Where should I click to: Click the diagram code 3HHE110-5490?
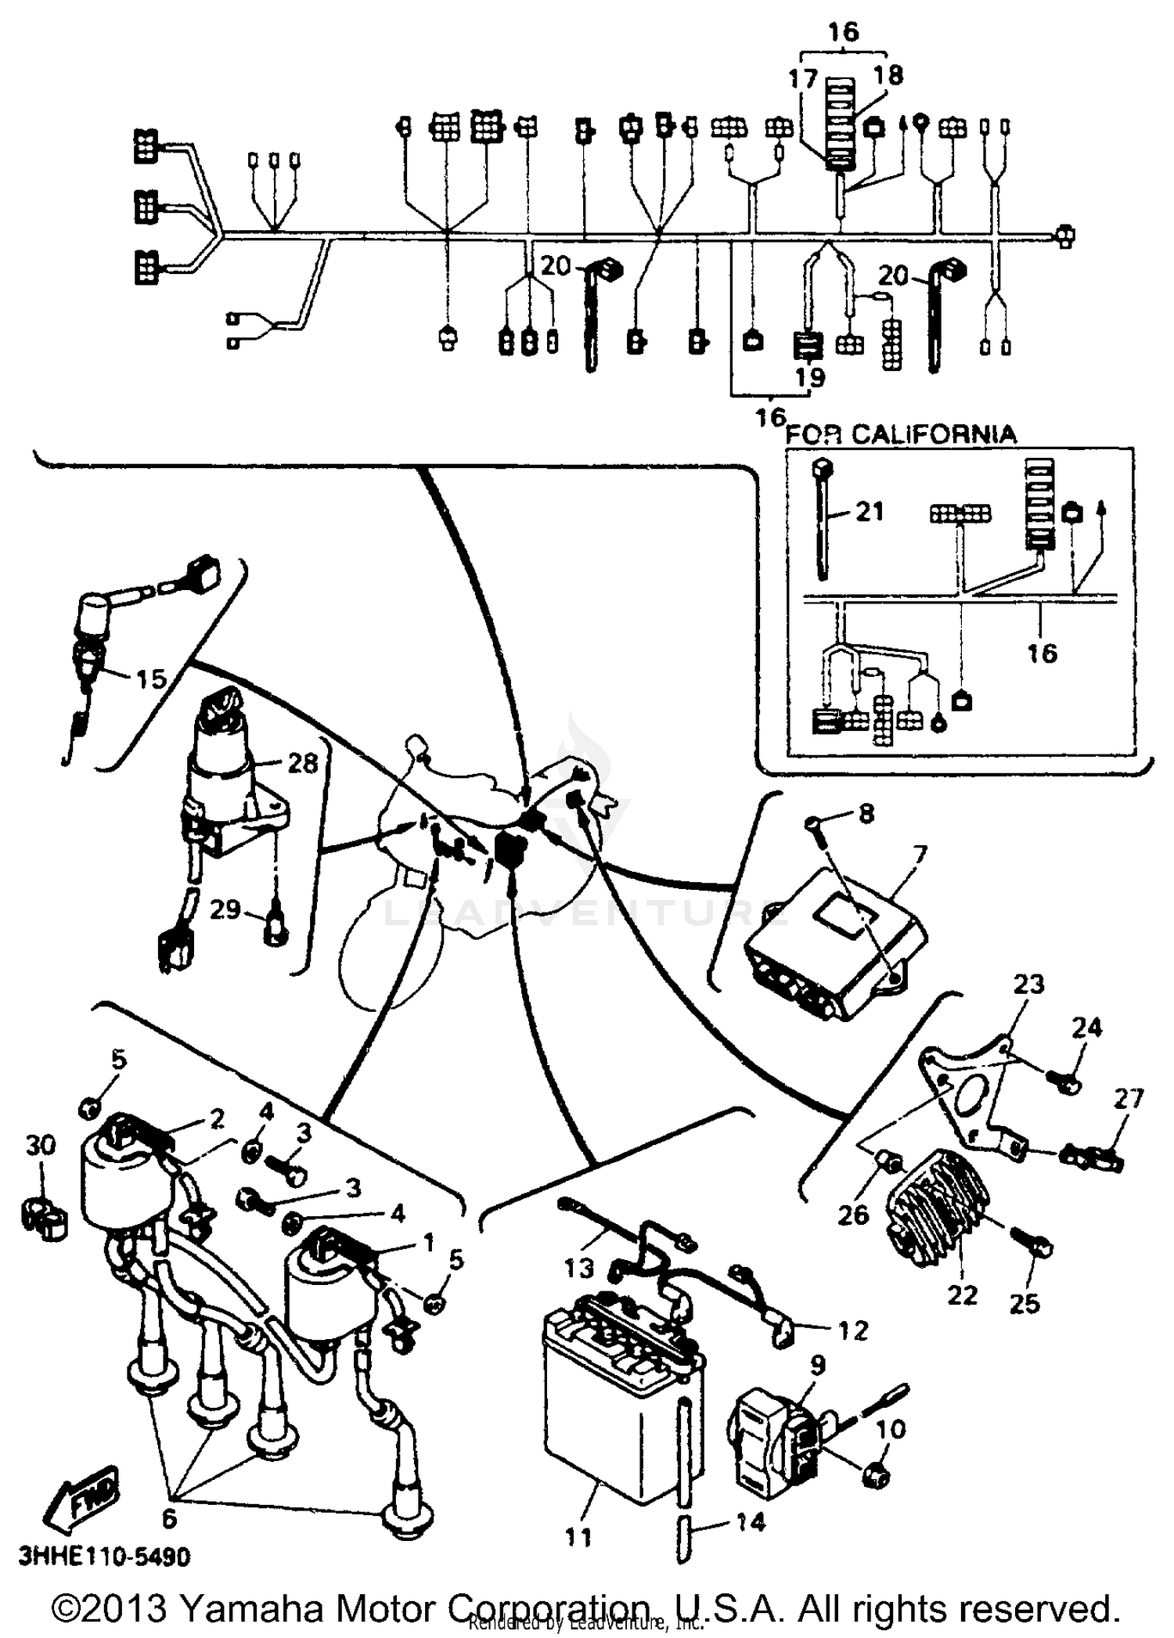point(104,1557)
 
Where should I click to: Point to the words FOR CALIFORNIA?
point(901,434)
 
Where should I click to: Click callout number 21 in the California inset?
point(870,511)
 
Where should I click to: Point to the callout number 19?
point(811,376)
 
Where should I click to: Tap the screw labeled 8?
point(814,823)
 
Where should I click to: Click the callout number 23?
point(1028,984)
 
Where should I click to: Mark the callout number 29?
point(225,910)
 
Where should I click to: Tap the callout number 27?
point(1129,1098)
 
